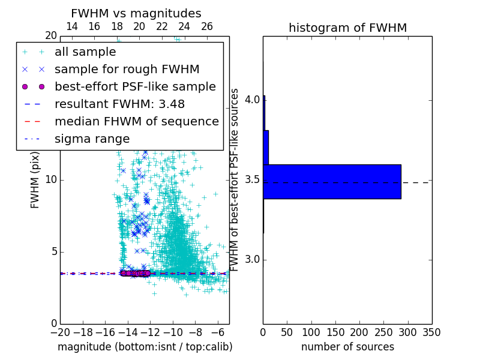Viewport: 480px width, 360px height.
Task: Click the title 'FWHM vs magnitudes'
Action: [136, 13]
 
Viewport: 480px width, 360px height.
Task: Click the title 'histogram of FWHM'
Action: [347, 28]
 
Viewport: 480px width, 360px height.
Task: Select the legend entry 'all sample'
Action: [85, 52]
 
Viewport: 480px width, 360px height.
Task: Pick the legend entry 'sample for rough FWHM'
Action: [127, 69]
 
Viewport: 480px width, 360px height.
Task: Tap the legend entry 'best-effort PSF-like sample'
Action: [135, 86]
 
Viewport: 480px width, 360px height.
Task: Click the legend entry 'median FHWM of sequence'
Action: [136, 121]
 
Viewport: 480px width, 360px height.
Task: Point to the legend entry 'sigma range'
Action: [92, 139]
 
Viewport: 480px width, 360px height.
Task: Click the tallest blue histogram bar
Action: [332, 181]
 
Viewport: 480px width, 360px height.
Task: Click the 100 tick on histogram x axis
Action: [311, 332]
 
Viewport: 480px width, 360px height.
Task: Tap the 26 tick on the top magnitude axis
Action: [207, 26]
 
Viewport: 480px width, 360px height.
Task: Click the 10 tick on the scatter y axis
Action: [51, 180]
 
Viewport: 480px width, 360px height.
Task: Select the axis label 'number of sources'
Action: [347, 347]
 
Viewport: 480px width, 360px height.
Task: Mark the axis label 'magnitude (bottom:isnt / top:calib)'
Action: [145, 347]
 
